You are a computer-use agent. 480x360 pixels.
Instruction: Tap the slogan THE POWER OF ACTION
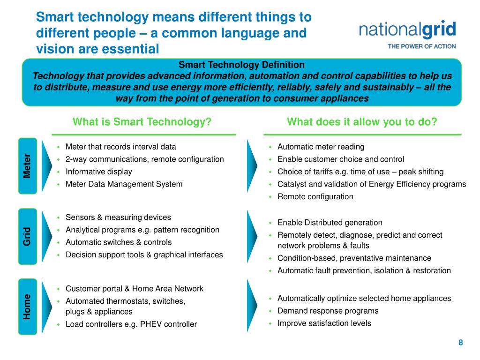point(421,46)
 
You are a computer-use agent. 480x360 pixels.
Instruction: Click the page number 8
point(461,343)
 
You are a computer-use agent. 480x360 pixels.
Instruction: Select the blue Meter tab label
point(28,166)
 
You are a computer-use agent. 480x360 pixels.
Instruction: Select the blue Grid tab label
point(28,237)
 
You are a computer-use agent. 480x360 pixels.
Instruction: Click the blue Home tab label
point(28,307)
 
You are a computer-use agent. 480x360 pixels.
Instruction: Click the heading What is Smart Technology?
point(142,122)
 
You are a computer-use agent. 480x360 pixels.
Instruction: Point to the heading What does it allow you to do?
point(362,122)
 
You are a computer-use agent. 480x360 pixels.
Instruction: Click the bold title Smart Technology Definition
point(241,65)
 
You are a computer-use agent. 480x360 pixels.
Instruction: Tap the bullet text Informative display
point(98,172)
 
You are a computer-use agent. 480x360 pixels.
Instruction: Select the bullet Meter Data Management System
point(124,184)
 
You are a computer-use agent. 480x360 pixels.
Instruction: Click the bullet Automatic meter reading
point(321,147)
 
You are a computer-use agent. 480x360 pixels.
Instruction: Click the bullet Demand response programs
point(321,311)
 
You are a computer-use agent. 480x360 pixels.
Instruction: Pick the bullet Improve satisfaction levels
point(324,323)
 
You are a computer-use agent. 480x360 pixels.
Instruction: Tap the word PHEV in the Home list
point(151,324)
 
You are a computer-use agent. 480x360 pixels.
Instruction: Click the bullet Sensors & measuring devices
point(118,217)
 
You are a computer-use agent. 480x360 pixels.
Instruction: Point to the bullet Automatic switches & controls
point(118,242)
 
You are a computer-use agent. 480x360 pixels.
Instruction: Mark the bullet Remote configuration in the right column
point(315,196)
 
